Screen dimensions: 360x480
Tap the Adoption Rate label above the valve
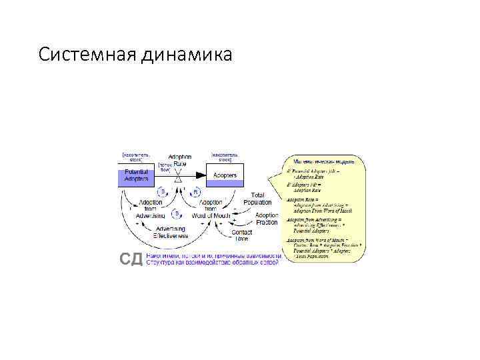coord(180,160)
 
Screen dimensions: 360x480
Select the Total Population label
coord(257,199)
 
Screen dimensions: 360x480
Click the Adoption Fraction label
coord(267,219)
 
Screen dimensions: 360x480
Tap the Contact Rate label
coord(241,235)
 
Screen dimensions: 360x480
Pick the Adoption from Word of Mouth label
coord(211,209)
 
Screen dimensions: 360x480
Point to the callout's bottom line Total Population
coord(313,255)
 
